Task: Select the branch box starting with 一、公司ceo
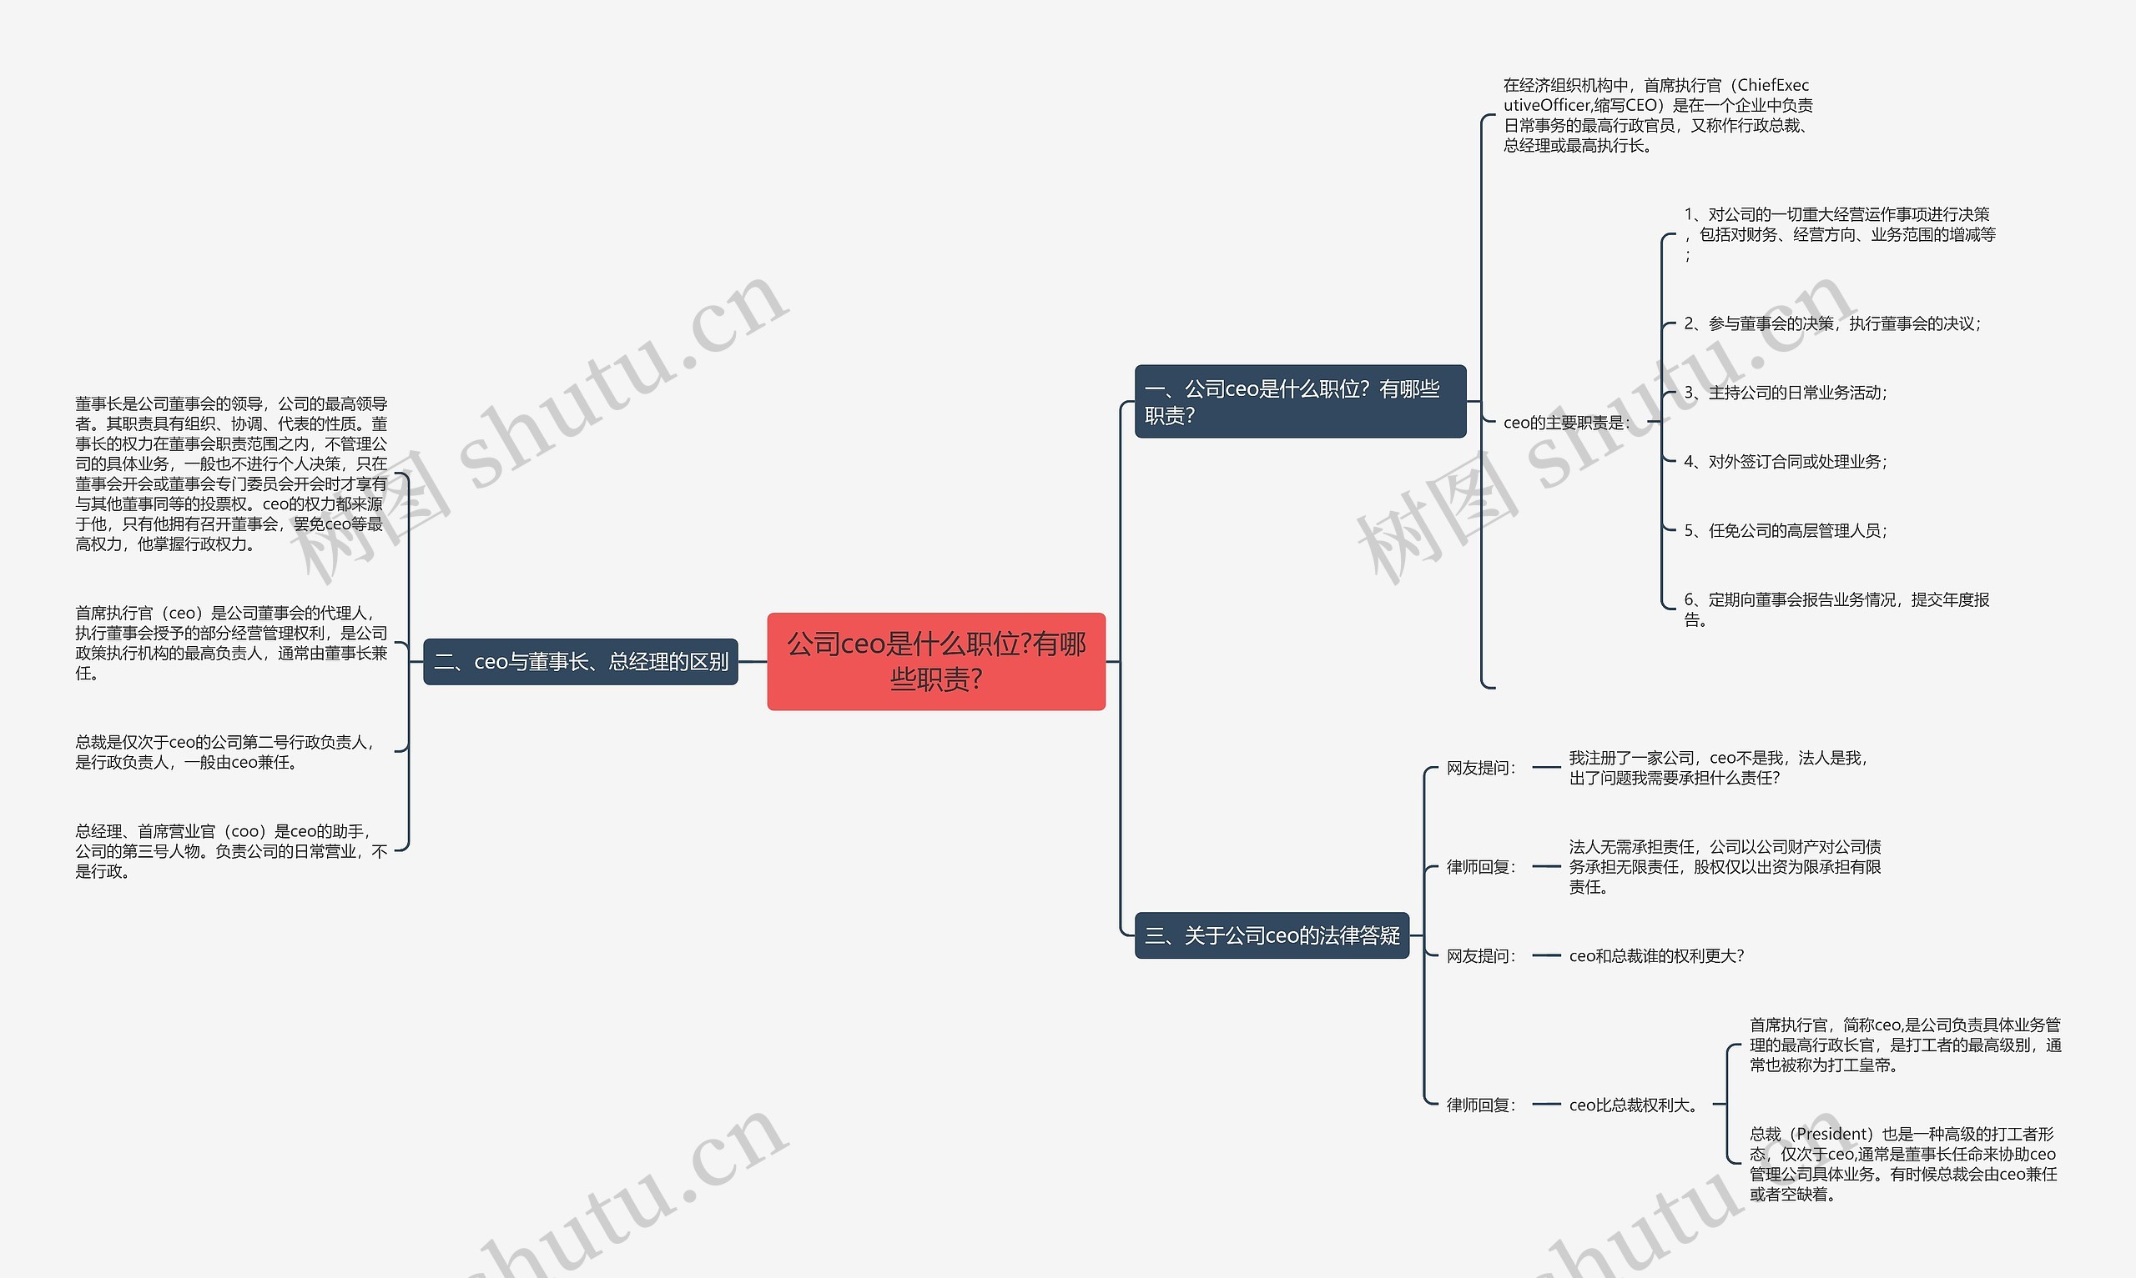(x=1300, y=401)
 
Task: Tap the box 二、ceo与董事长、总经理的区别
(x=581, y=661)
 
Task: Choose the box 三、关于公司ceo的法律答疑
(x=1272, y=935)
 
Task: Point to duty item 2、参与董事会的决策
(x=1831, y=323)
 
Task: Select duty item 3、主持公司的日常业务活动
(x=1786, y=393)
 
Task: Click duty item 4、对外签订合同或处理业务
(x=1786, y=462)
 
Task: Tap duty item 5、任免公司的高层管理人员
(x=1786, y=530)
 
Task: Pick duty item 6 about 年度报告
(x=1836, y=609)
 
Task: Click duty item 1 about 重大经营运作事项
(x=1840, y=234)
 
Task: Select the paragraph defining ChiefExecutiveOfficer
(x=1658, y=115)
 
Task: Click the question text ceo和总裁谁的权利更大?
(x=1656, y=956)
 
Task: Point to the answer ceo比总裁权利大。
(x=1634, y=1105)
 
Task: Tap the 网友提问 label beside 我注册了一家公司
(x=1480, y=767)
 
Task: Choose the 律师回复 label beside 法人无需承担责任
(x=1480, y=866)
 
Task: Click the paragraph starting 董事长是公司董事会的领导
(x=231, y=474)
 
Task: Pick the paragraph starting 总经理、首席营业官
(x=231, y=851)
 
